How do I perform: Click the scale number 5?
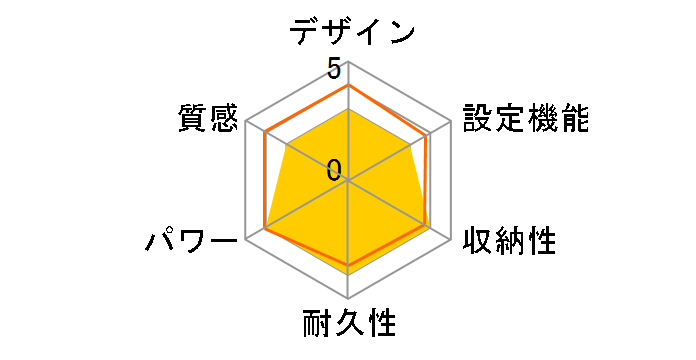(333, 70)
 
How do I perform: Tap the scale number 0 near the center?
(334, 169)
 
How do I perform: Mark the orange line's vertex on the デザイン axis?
(348, 86)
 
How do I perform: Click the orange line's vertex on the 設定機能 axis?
(428, 136)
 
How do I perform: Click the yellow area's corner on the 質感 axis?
(288, 146)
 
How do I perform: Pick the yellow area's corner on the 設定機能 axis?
(414, 143)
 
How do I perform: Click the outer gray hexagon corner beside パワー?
(246, 240)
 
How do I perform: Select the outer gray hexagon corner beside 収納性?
(450, 240)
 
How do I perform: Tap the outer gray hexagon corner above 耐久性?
(348, 298)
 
